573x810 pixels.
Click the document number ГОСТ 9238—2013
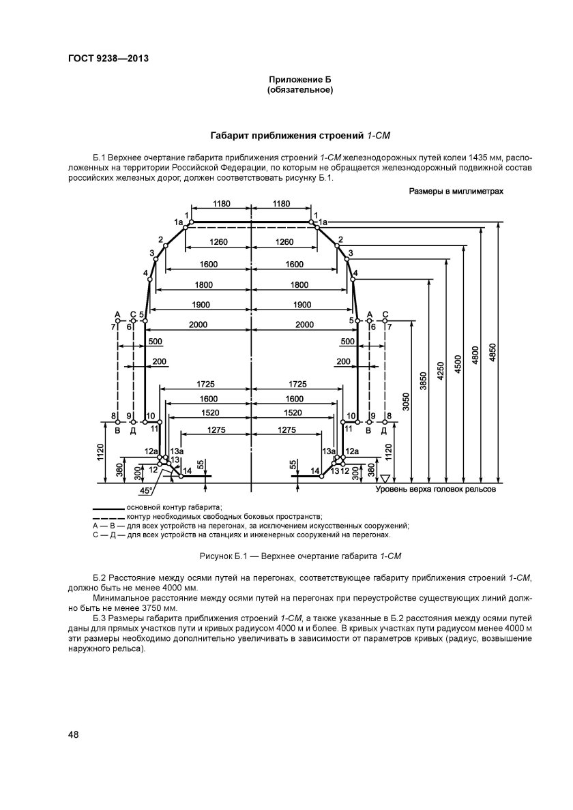tap(108, 59)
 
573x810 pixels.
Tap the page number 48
tap(74, 734)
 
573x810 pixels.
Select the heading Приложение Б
tap(299, 80)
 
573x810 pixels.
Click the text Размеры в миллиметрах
tap(456, 192)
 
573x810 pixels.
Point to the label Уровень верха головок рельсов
tap(433, 490)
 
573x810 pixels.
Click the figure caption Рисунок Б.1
tap(299, 556)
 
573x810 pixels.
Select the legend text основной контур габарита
tap(175, 508)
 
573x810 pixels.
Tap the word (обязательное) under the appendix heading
tap(299, 90)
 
